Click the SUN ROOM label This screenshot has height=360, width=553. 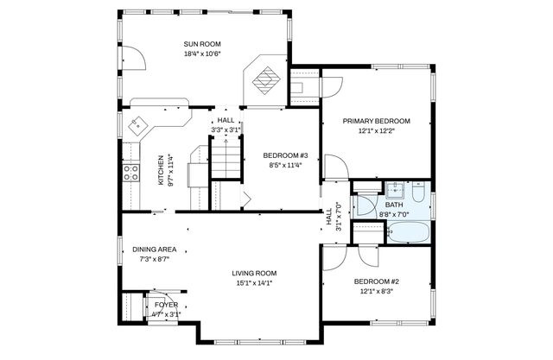coord(203,44)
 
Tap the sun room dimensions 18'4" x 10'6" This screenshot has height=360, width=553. coord(203,54)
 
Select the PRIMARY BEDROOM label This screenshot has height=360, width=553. coord(376,121)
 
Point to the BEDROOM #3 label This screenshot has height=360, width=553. coord(280,155)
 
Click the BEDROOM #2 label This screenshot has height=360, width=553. coord(376,281)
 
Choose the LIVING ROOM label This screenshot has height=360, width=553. coord(253,273)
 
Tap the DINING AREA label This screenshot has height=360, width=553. coord(155,249)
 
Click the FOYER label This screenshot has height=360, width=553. coord(166,305)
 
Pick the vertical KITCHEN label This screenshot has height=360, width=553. coord(160,170)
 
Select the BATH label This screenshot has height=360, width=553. coord(394,205)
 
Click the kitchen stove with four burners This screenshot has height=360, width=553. coord(131,173)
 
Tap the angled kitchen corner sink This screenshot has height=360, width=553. coord(137,126)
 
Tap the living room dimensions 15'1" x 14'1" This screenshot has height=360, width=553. coord(253,283)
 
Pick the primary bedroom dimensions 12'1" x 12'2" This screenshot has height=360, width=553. coord(376,131)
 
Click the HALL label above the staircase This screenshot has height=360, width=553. coord(226,121)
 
